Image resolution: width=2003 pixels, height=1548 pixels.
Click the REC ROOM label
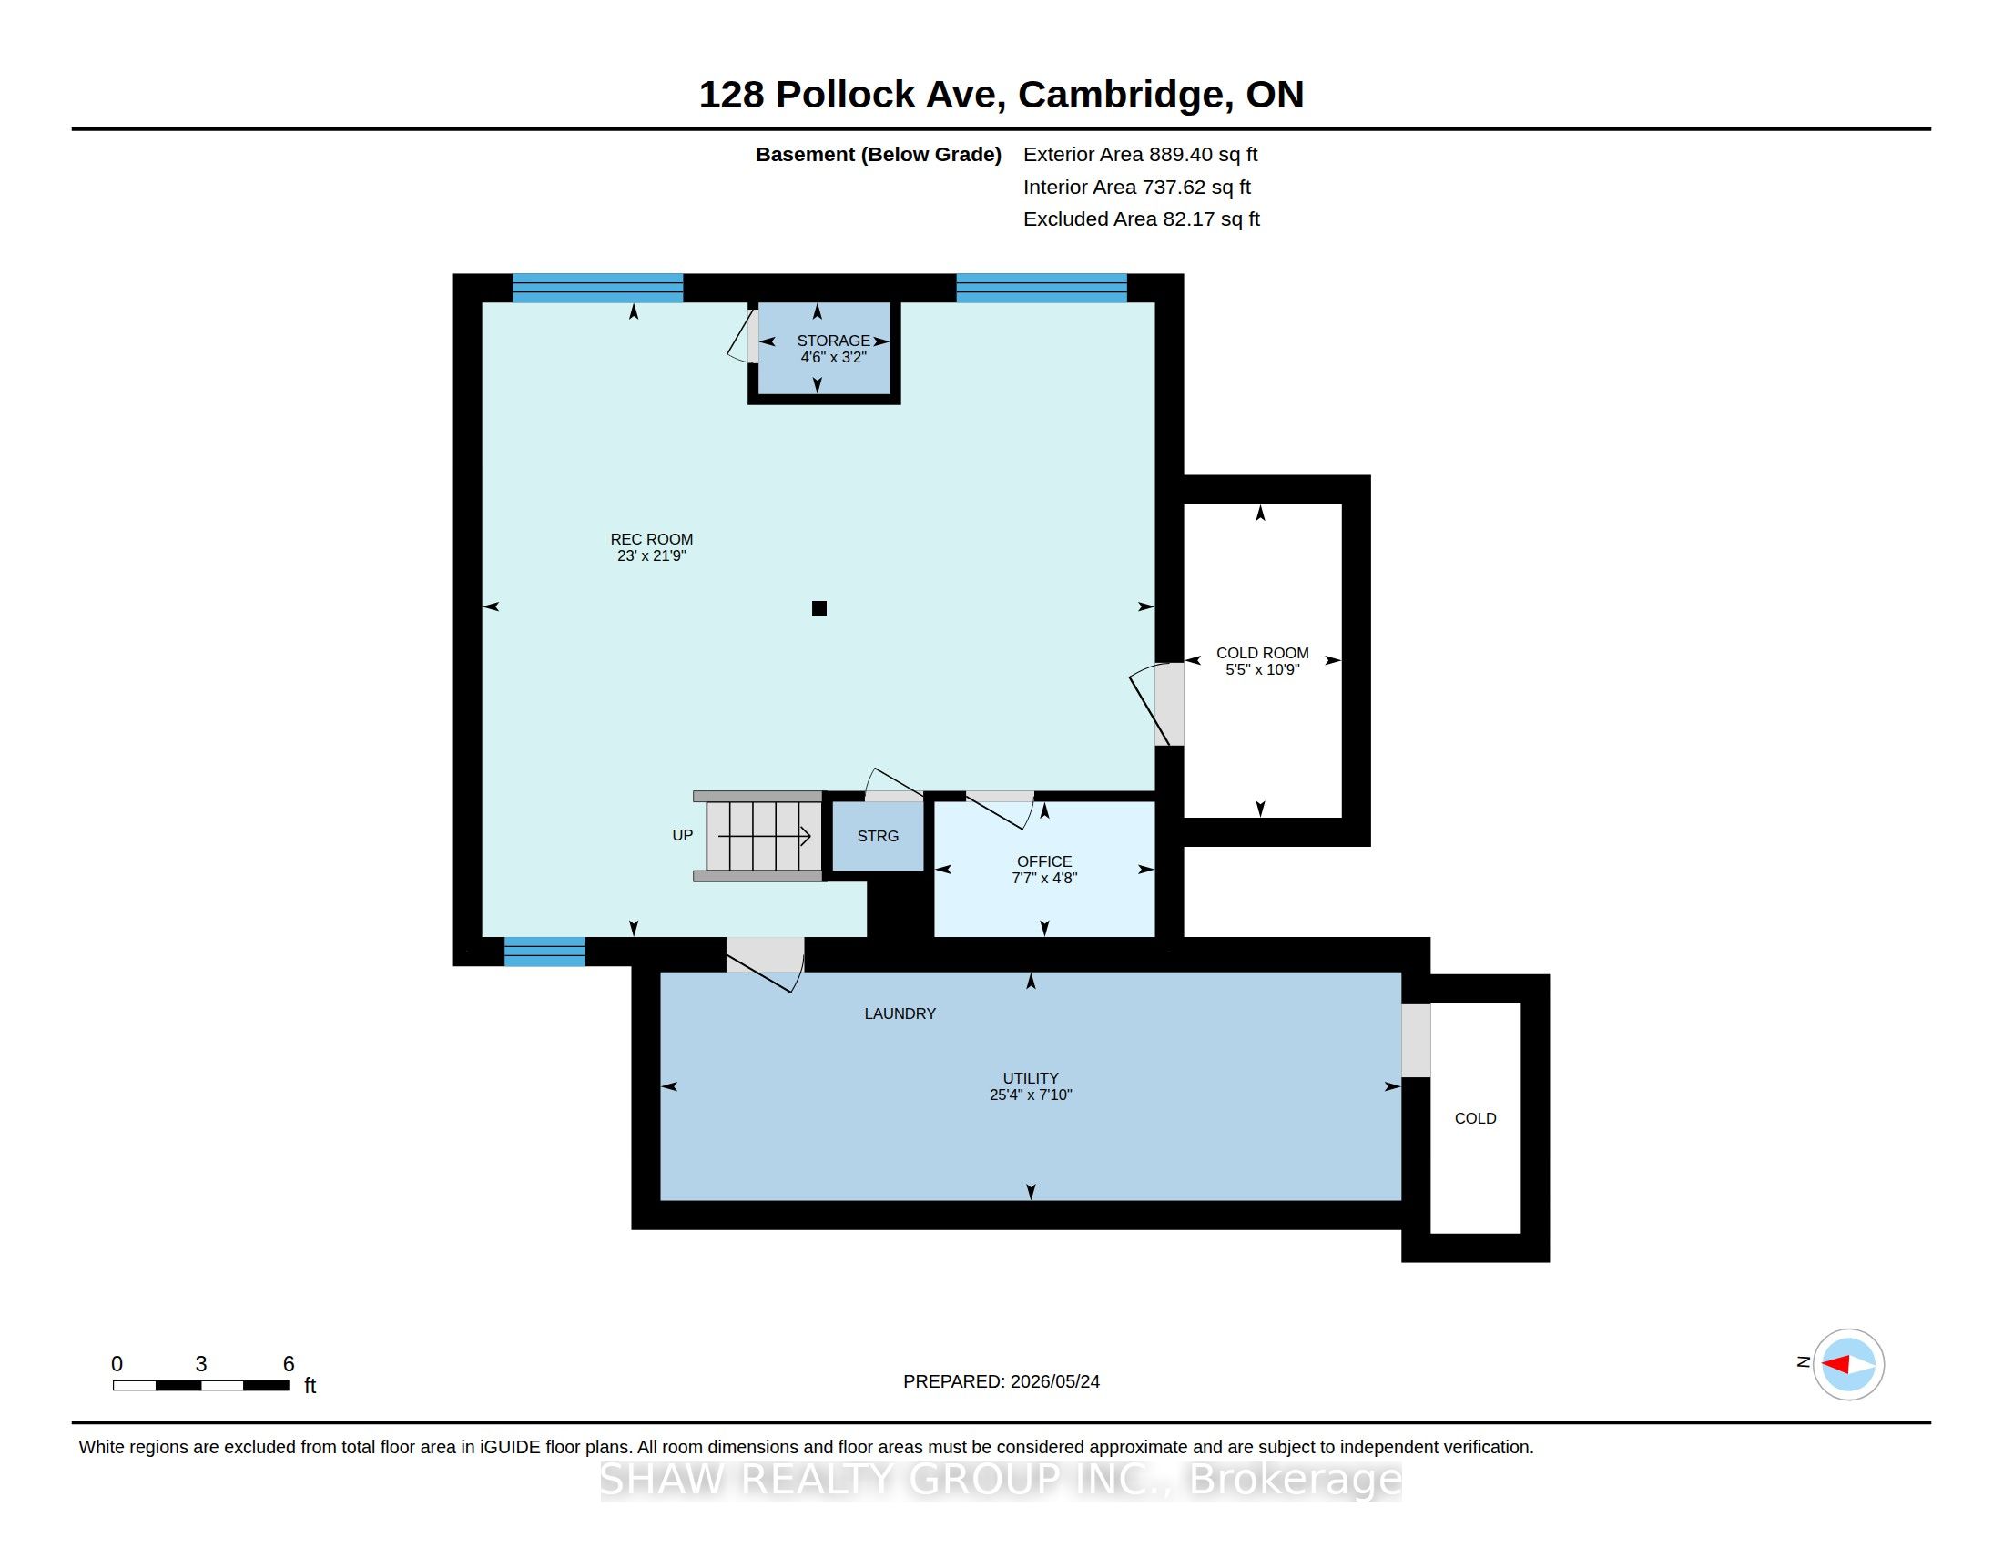pyautogui.click(x=651, y=547)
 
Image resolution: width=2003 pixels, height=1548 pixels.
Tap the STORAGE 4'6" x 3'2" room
pyautogui.click(x=824, y=349)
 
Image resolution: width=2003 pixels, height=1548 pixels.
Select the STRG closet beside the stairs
pyautogui.click(x=878, y=836)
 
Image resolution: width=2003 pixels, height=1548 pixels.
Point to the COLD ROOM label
pyautogui.click(x=1262, y=661)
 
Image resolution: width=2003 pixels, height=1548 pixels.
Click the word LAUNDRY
pyautogui.click(x=900, y=1013)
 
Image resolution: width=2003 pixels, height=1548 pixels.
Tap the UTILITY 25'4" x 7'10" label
pyautogui.click(x=1031, y=1085)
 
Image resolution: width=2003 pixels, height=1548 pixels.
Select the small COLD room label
pyautogui.click(x=1475, y=1118)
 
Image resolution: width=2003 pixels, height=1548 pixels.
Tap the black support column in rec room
pyautogui.click(x=819, y=608)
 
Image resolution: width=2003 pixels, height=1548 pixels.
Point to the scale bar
pyautogui.click(x=201, y=1385)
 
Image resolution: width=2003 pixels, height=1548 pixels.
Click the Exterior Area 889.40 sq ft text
pyautogui.click(x=1140, y=154)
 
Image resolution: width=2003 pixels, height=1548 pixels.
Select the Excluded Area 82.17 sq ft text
pyautogui.click(x=1141, y=219)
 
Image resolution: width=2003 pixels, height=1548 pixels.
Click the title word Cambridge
pyautogui.click(x=1124, y=95)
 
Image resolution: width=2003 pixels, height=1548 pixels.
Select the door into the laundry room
pyautogui.click(x=766, y=962)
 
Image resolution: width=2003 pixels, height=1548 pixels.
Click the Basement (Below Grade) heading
pyautogui.click(x=878, y=154)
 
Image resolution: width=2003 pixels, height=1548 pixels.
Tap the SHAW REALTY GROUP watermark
pyautogui.click(x=1001, y=1478)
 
